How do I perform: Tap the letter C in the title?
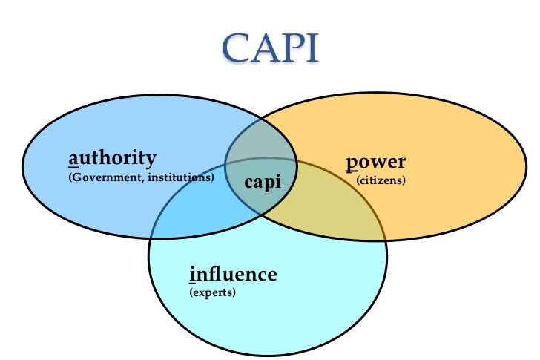[x=237, y=47]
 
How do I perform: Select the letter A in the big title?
[x=265, y=47]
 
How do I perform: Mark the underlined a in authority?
[x=73, y=160]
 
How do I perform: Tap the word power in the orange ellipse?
[x=377, y=163]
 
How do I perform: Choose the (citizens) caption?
[x=381, y=180]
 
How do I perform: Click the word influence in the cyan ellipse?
[x=233, y=275]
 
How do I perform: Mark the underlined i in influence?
[x=193, y=275]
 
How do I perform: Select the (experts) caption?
[x=213, y=292]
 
